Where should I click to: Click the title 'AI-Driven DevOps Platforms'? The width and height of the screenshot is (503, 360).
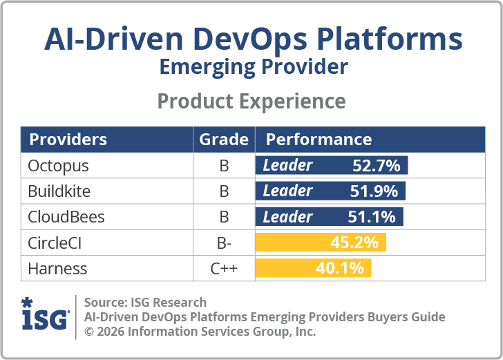[253, 40]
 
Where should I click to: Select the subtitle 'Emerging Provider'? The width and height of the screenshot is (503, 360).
[253, 68]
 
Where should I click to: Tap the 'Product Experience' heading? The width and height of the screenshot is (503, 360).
[251, 101]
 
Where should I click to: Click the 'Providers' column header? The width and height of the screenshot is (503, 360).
[68, 140]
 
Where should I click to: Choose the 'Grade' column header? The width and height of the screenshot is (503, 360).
[224, 140]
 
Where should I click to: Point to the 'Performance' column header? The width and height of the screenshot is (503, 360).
[319, 140]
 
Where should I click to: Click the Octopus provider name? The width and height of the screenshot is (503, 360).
[59, 166]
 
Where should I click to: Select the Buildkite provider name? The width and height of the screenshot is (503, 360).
[59, 191]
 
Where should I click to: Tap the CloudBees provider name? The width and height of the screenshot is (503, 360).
[66, 217]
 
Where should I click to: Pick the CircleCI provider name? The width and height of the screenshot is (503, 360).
[59, 243]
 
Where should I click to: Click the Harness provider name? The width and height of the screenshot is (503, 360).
[57, 268]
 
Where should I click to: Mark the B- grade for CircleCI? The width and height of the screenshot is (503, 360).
[224, 243]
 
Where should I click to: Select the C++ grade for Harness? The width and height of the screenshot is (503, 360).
[224, 268]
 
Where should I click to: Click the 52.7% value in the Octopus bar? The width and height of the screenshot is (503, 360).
[377, 166]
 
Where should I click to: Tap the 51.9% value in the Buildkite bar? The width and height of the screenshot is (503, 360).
[374, 191]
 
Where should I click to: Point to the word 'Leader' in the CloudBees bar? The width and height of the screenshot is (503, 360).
[287, 217]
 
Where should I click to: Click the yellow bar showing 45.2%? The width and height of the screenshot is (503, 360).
[321, 243]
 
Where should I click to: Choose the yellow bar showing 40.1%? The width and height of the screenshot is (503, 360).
[314, 268]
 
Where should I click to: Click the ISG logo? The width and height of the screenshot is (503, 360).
[45, 315]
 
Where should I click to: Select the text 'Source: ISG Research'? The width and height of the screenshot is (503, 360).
[145, 302]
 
